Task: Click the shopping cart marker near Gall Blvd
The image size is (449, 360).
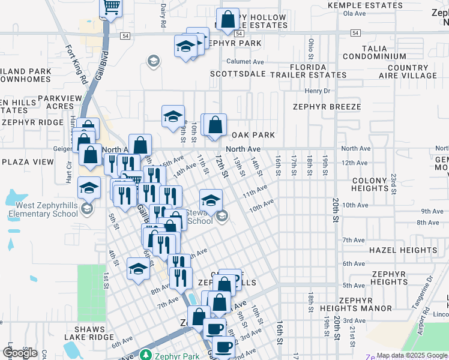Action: point(110,7)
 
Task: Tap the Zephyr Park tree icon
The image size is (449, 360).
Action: point(145,355)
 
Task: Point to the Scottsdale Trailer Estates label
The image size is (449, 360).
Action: point(278,75)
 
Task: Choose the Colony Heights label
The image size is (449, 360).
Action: point(370,184)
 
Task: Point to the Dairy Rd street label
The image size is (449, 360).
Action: point(163,16)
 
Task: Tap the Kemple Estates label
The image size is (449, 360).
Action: point(364,5)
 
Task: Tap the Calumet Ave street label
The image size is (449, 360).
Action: point(245,61)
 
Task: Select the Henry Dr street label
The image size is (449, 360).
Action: point(318,91)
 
